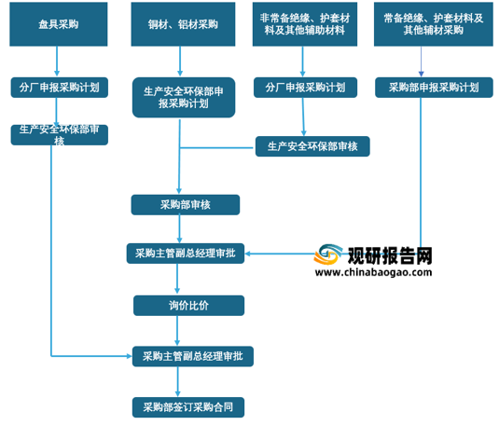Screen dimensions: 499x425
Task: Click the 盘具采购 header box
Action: [x=59, y=24]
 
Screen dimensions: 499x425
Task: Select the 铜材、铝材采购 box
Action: [x=183, y=24]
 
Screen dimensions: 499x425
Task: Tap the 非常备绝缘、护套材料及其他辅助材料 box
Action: [x=305, y=24]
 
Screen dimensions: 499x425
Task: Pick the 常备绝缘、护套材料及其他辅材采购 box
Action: [x=434, y=24]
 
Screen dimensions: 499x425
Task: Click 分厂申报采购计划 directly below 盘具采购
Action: [x=60, y=88]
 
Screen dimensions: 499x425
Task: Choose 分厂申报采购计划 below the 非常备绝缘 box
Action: [x=305, y=88]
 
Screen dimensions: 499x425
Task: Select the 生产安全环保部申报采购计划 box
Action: [x=184, y=97]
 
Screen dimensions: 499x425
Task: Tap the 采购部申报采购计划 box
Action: [x=434, y=88]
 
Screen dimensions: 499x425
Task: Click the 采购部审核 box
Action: [x=186, y=205]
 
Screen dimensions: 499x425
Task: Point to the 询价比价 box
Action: [x=188, y=306]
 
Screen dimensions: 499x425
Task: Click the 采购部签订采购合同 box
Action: [x=188, y=407]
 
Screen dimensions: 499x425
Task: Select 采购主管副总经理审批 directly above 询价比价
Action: [x=186, y=254]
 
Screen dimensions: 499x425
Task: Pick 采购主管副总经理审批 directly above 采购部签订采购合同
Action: [x=193, y=356]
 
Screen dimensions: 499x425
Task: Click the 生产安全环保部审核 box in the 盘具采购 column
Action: [x=60, y=135]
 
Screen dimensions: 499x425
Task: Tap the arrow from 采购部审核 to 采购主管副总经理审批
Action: [x=179, y=229]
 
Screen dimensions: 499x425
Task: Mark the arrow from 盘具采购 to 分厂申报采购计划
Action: [x=57, y=62]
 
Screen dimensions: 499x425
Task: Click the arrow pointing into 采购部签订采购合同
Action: [x=177, y=382]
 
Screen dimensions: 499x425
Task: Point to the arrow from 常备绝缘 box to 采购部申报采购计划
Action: [x=421, y=62]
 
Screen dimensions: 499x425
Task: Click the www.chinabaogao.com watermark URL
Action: [x=373, y=272]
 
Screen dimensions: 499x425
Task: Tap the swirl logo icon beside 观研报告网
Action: [x=327, y=254]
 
